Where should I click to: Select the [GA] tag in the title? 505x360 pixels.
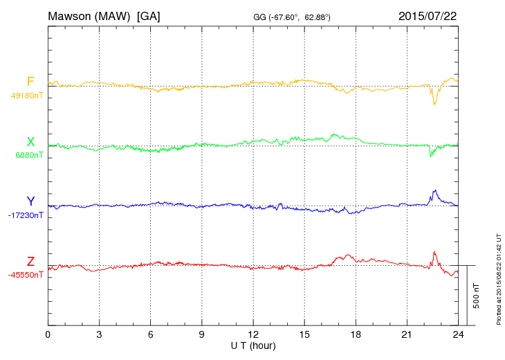tap(148, 15)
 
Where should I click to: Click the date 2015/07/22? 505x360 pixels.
tap(428, 15)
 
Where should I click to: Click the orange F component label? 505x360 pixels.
tap(30, 82)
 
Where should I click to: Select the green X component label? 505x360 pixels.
tap(30, 142)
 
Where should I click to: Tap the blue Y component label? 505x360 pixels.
tap(30, 201)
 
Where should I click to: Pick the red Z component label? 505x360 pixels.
tap(30, 262)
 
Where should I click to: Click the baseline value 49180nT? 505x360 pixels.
tap(26, 96)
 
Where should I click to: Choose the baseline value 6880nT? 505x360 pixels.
tap(29, 155)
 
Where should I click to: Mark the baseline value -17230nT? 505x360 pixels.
tap(26, 215)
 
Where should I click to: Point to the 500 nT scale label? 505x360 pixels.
tap(476, 296)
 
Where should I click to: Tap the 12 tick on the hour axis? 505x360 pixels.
tap(253, 334)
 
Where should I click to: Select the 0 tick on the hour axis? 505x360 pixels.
tap(48, 334)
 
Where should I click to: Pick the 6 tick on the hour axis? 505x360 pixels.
tap(150, 334)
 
